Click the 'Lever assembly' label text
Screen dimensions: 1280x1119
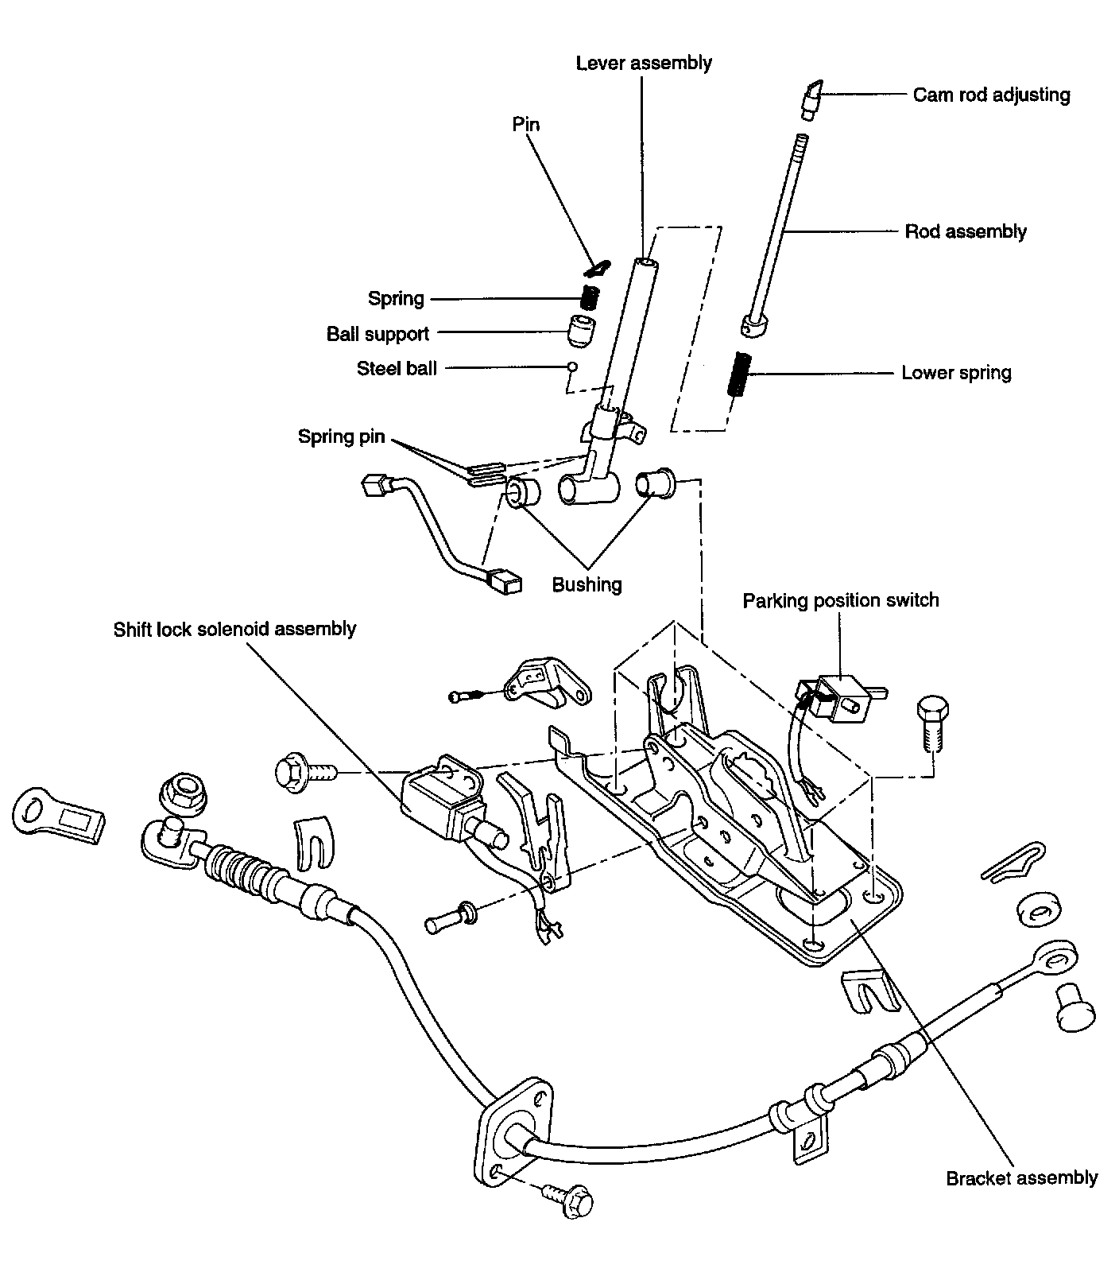[644, 63]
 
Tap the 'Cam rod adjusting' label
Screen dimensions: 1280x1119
[991, 95]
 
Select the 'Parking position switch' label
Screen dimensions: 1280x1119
[841, 600]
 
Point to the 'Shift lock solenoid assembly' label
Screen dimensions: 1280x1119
[234, 629]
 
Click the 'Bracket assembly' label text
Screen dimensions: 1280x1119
[1021, 1177]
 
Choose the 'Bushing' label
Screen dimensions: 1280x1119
[587, 584]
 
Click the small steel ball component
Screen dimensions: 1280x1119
[571, 367]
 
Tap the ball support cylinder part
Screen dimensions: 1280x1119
[583, 329]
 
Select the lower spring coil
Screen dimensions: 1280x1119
[740, 373]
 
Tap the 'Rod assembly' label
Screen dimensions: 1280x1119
[966, 231]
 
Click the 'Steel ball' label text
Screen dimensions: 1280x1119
[397, 368]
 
